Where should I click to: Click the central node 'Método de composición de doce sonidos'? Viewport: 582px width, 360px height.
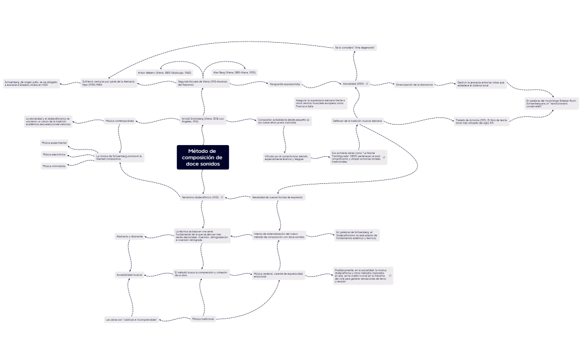pyautogui.click(x=203, y=157)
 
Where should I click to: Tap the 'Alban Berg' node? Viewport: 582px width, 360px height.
pyautogui.click(x=234, y=73)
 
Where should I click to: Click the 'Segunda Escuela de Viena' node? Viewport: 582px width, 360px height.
pyautogui.click(x=203, y=83)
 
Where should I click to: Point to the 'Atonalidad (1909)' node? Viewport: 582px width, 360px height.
pyautogui.click(x=353, y=84)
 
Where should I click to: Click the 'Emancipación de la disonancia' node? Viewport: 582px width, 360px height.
pyautogui.click(x=414, y=85)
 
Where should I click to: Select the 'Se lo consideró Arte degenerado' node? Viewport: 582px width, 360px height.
pyautogui.click(x=355, y=48)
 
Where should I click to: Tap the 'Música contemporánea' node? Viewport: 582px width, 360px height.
pyautogui.click(x=120, y=121)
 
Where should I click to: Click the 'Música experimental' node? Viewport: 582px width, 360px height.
pyautogui.click(x=54, y=143)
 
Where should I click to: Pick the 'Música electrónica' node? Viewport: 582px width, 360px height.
pyautogui.click(x=54, y=155)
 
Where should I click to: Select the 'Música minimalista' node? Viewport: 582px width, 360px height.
pyautogui.click(x=54, y=166)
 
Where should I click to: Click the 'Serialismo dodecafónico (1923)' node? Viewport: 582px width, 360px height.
pyautogui.click(x=200, y=197)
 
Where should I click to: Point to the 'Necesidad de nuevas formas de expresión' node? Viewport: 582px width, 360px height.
pyautogui.click(x=278, y=197)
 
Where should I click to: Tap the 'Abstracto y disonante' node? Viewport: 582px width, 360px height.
pyautogui.click(x=129, y=236)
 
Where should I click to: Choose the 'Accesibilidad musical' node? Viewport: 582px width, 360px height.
pyautogui.click(x=129, y=275)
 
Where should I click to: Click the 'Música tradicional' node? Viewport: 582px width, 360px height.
pyautogui.click(x=202, y=319)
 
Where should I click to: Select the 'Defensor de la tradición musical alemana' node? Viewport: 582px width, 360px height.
pyautogui.click(x=357, y=121)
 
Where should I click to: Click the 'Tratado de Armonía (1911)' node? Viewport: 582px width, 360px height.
pyautogui.click(x=481, y=121)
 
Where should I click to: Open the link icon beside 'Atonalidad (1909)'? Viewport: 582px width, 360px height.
pyautogui.click(x=367, y=84)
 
